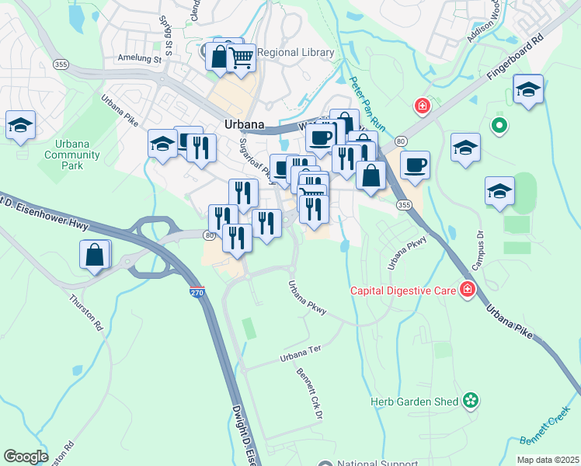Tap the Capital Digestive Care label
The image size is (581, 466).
(x=404, y=291)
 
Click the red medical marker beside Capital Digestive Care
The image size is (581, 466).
(x=468, y=291)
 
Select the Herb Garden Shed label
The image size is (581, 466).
(x=415, y=401)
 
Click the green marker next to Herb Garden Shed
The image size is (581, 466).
(x=470, y=401)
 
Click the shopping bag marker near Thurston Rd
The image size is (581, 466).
(x=95, y=255)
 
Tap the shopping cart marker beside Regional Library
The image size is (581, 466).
(x=242, y=57)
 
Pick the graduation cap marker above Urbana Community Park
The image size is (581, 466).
(x=20, y=125)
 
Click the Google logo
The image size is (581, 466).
(x=26, y=457)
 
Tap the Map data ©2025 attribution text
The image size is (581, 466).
(x=547, y=460)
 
